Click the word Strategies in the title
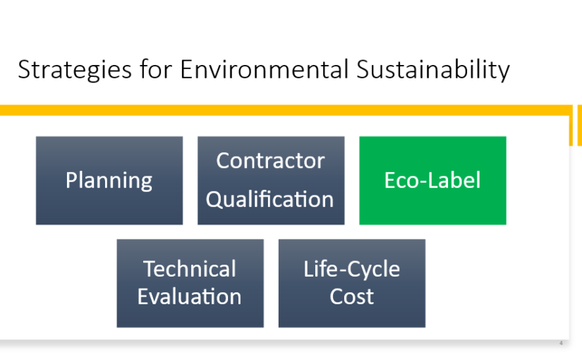[75, 70]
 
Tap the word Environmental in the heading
[265, 69]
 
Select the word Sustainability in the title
[433, 70]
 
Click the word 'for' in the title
[156, 69]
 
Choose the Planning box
[109, 181]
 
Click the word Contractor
[271, 160]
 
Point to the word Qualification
[270, 200]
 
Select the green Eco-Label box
[432, 181]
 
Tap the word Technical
[190, 269]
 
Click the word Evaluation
[190, 296]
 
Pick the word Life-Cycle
[352, 270]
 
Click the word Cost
[352, 296]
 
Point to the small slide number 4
[561, 343]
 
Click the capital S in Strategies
[23, 69]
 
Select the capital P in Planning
[72, 180]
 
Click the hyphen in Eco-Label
[423, 182]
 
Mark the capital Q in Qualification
[214, 199]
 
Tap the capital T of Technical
[150, 269]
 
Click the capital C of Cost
[337, 296]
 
